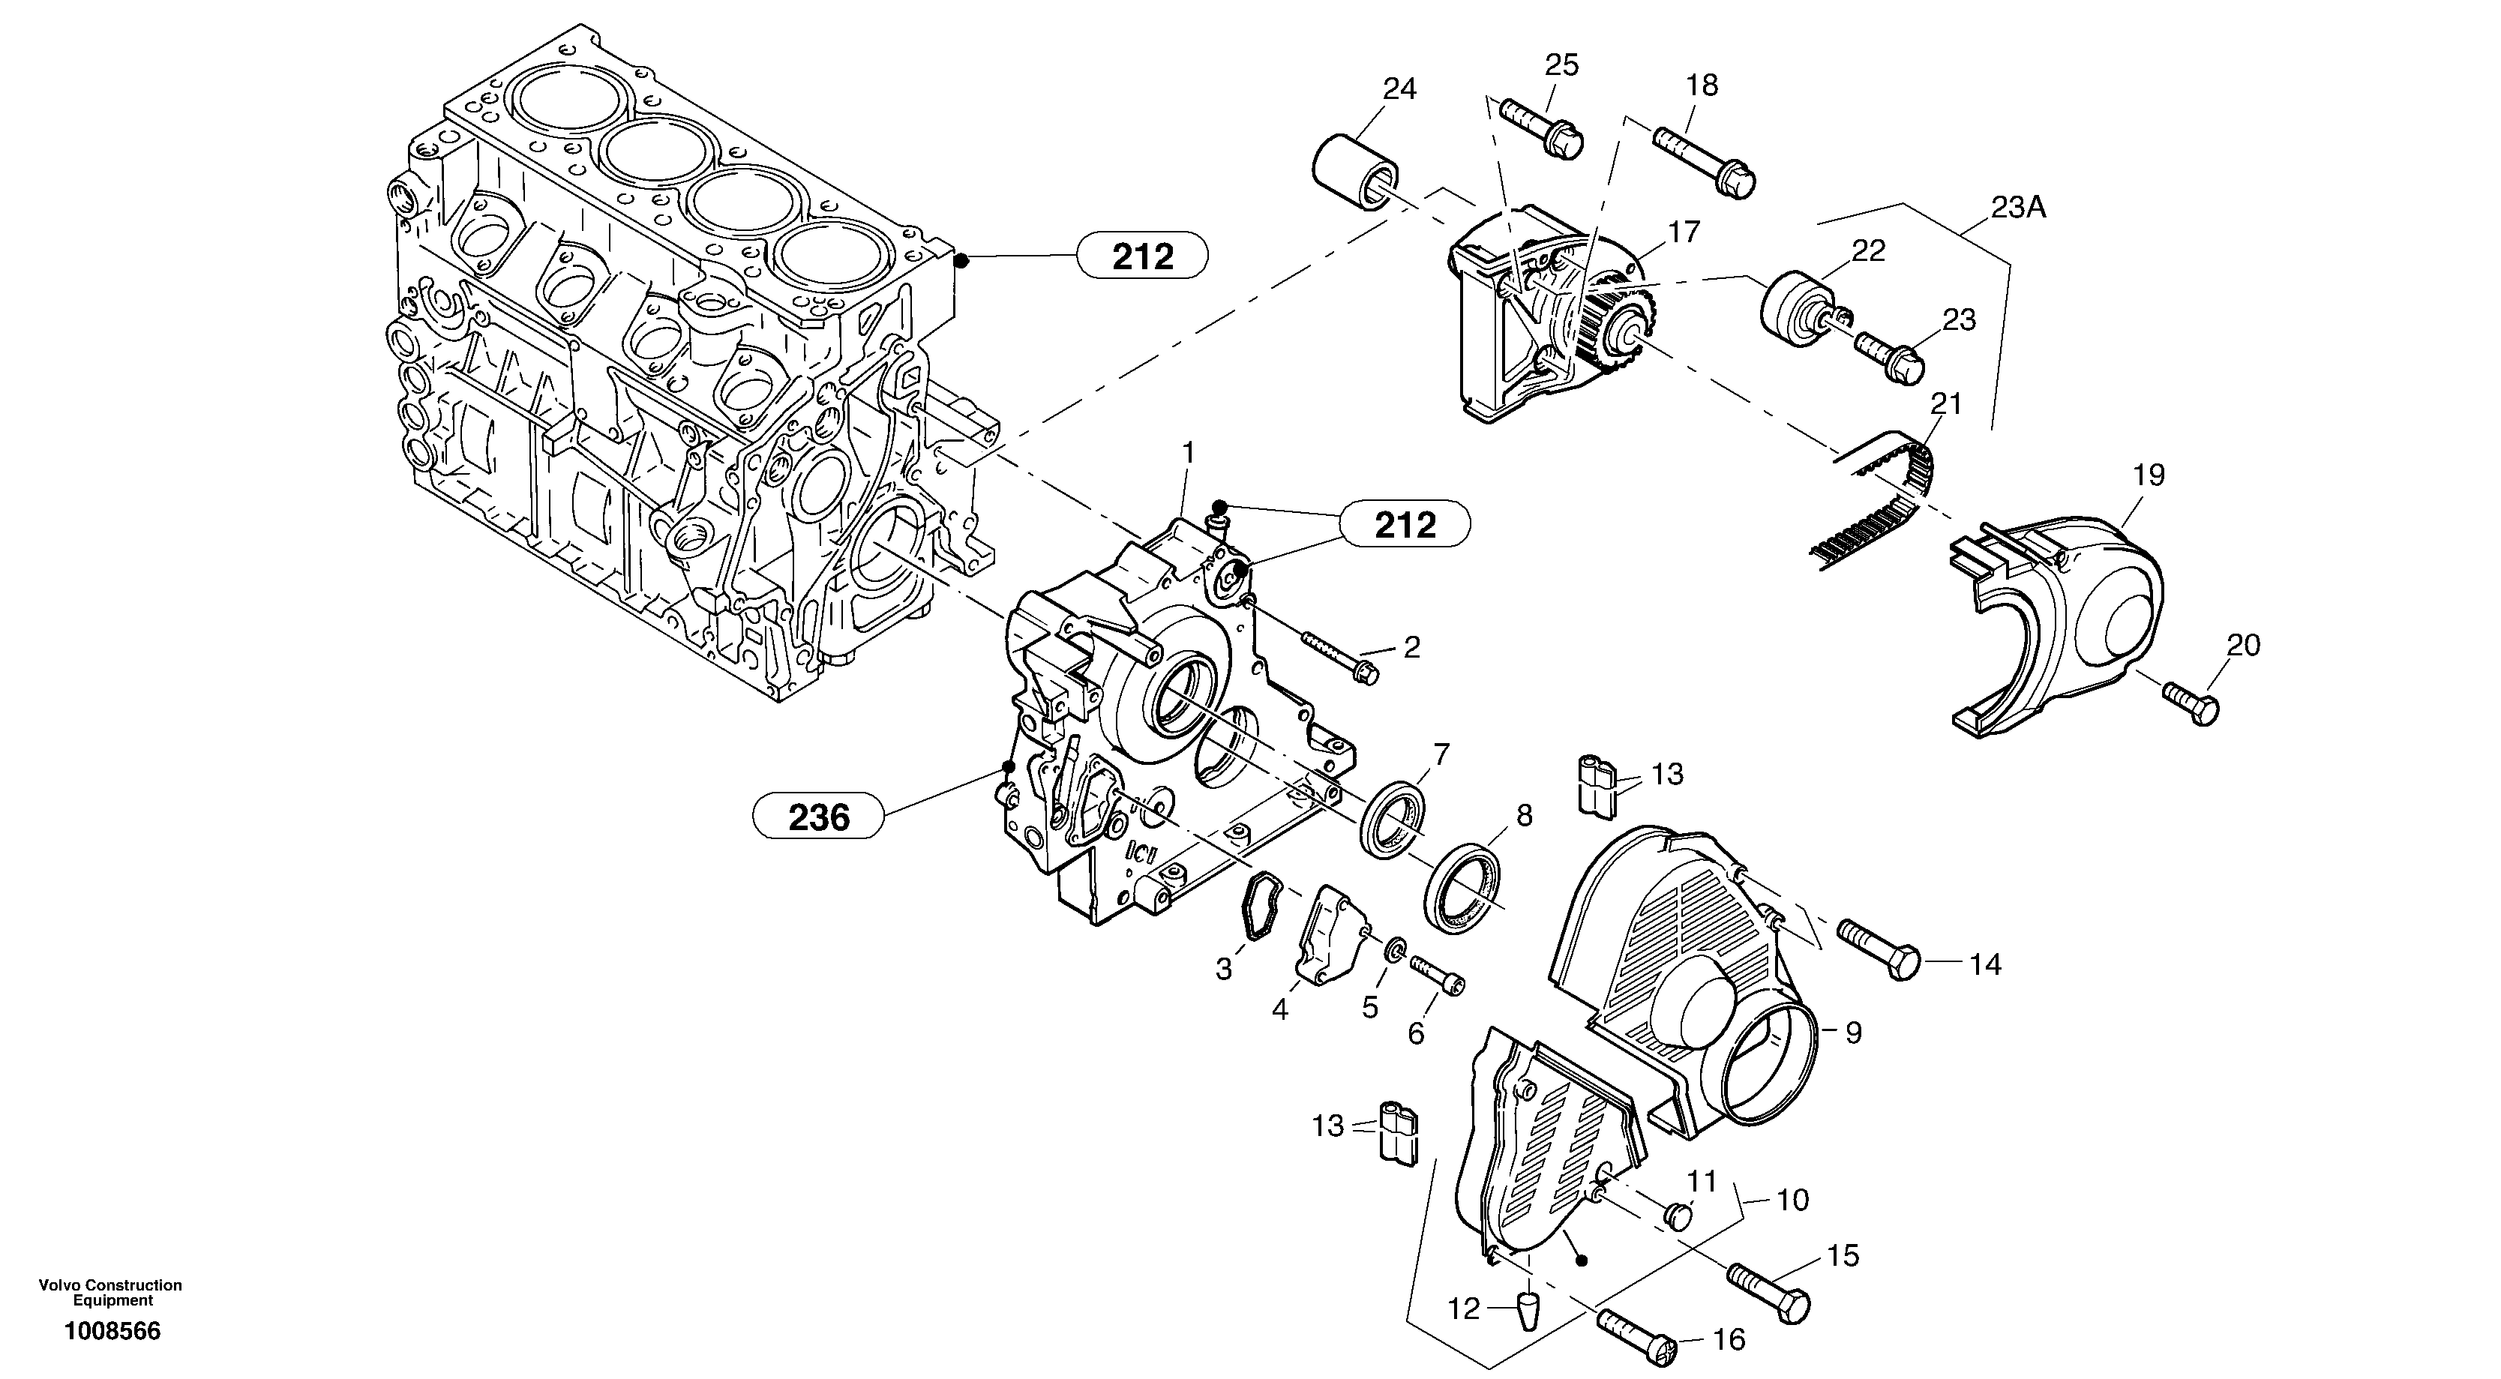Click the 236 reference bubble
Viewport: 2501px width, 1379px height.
(x=817, y=817)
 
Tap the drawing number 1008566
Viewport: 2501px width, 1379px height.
(x=112, y=1332)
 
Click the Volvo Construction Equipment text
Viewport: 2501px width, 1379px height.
(x=111, y=1293)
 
